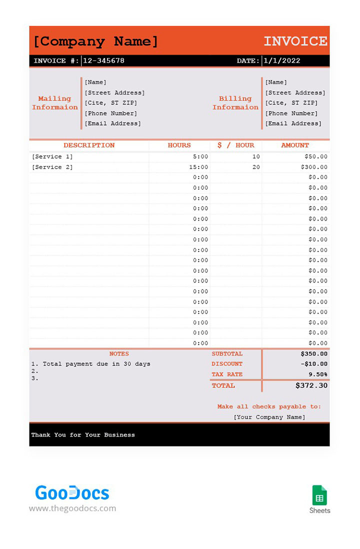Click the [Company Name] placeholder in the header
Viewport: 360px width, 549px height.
(x=95, y=41)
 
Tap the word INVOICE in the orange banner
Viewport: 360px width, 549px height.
(x=295, y=41)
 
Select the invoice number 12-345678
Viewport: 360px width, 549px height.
(x=103, y=60)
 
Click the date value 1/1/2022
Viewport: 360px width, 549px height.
(x=282, y=60)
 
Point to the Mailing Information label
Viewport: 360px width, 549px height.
(x=55, y=103)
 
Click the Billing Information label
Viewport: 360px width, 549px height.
(x=235, y=103)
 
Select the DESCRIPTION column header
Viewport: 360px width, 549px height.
(x=89, y=145)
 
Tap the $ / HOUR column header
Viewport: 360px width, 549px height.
(x=236, y=145)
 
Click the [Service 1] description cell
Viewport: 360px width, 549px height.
(x=52, y=156)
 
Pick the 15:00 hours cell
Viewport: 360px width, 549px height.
(x=199, y=167)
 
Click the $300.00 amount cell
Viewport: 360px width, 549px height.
(x=314, y=167)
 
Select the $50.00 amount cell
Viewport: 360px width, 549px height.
(x=316, y=156)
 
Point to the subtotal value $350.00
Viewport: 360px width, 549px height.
(x=314, y=353)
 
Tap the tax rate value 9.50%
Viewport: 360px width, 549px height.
(x=317, y=374)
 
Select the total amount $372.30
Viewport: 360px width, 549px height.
(x=311, y=385)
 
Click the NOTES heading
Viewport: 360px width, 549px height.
(x=119, y=353)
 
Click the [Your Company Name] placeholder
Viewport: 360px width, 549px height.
(x=269, y=417)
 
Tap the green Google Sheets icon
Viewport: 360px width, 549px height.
(x=319, y=495)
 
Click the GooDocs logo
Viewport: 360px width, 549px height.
(x=72, y=493)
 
